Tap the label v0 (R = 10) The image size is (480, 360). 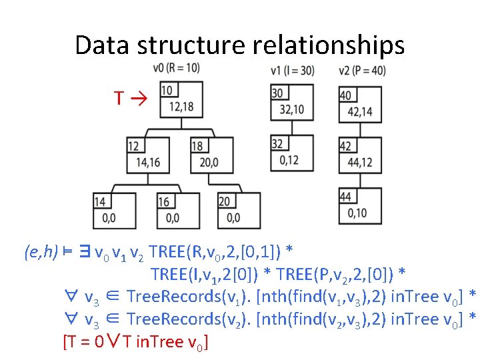176,67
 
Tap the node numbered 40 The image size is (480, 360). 360,103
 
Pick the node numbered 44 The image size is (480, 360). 360,204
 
